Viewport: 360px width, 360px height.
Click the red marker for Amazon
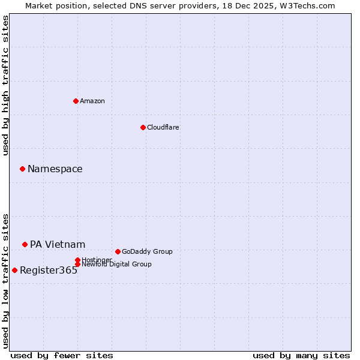point(76,101)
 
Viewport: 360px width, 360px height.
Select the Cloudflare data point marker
point(143,127)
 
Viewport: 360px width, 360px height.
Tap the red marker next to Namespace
point(22,169)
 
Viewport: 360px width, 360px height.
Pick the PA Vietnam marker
point(25,244)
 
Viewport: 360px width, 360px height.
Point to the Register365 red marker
point(14,270)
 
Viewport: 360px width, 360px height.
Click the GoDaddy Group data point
point(118,251)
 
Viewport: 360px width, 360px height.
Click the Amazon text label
point(92,101)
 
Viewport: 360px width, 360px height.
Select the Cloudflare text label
point(163,127)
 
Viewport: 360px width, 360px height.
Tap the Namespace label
point(55,169)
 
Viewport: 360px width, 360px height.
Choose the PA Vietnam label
point(58,245)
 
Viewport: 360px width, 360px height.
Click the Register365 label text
point(49,271)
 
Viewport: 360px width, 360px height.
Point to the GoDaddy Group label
point(147,252)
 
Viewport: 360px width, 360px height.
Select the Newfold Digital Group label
point(116,264)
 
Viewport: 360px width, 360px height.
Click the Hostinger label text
point(97,260)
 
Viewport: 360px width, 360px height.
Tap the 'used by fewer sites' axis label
point(62,355)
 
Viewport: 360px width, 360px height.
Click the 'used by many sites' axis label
point(301,355)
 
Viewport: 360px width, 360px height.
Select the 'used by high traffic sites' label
point(6,85)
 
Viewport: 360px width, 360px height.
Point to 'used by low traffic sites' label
point(6,281)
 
